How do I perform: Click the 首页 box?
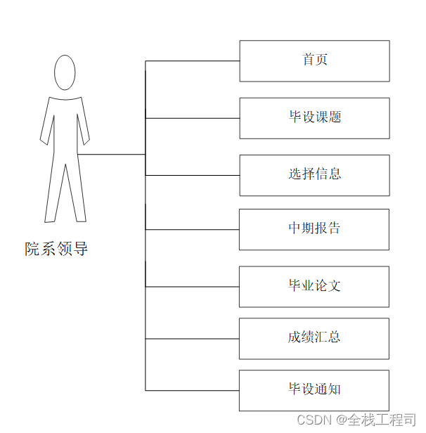314,60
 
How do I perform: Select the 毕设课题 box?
314,117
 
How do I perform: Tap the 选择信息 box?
314,174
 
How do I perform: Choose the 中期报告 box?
314,229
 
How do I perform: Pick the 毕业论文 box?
314,286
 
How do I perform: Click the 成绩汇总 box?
314,338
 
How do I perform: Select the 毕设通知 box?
314,390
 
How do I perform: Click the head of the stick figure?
65,73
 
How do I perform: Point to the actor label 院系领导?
56,249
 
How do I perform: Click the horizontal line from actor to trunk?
112,154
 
